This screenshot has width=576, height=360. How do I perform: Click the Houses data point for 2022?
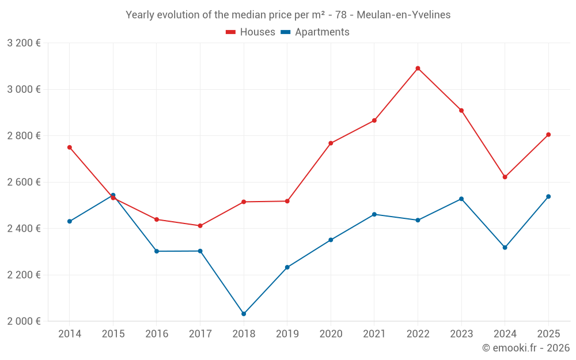pyautogui.click(x=418, y=69)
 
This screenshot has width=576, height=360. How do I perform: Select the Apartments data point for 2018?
pyautogui.click(x=244, y=314)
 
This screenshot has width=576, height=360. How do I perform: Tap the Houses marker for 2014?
pyautogui.click(x=70, y=147)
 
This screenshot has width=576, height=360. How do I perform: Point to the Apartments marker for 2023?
pyautogui.click(x=461, y=199)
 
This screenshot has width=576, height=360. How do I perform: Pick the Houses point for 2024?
pyautogui.click(x=505, y=177)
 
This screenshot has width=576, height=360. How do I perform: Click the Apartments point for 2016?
pyautogui.click(x=157, y=251)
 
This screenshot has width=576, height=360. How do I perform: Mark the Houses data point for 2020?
pyautogui.click(x=331, y=143)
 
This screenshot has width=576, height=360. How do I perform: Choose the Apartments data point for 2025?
pyautogui.click(x=548, y=196)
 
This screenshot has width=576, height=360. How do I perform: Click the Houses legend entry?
pyautogui.click(x=251, y=32)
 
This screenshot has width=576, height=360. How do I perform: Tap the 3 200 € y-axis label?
pyautogui.click(x=24, y=43)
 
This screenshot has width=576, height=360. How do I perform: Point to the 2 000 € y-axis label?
pyautogui.click(x=24, y=321)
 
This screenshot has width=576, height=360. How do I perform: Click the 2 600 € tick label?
pyautogui.click(x=24, y=182)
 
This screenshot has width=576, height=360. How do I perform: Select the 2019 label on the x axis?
pyautogui.click(x=287, y=334)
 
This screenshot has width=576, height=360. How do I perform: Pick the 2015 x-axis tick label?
pyautogui.click(x=113, y=334)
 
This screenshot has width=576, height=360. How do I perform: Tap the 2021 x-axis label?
pyautogui.click(x=374, y=334)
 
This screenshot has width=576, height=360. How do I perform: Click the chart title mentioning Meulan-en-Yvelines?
pyautogui.click(x=288, y=14)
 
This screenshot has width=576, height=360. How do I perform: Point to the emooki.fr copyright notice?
pyautogui.click(x=525, y=348)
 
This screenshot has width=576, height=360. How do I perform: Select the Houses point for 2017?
pyautogui.click(x=200, y=226)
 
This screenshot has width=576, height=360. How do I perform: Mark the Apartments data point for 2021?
pyautogui.click(x=374, y=214)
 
